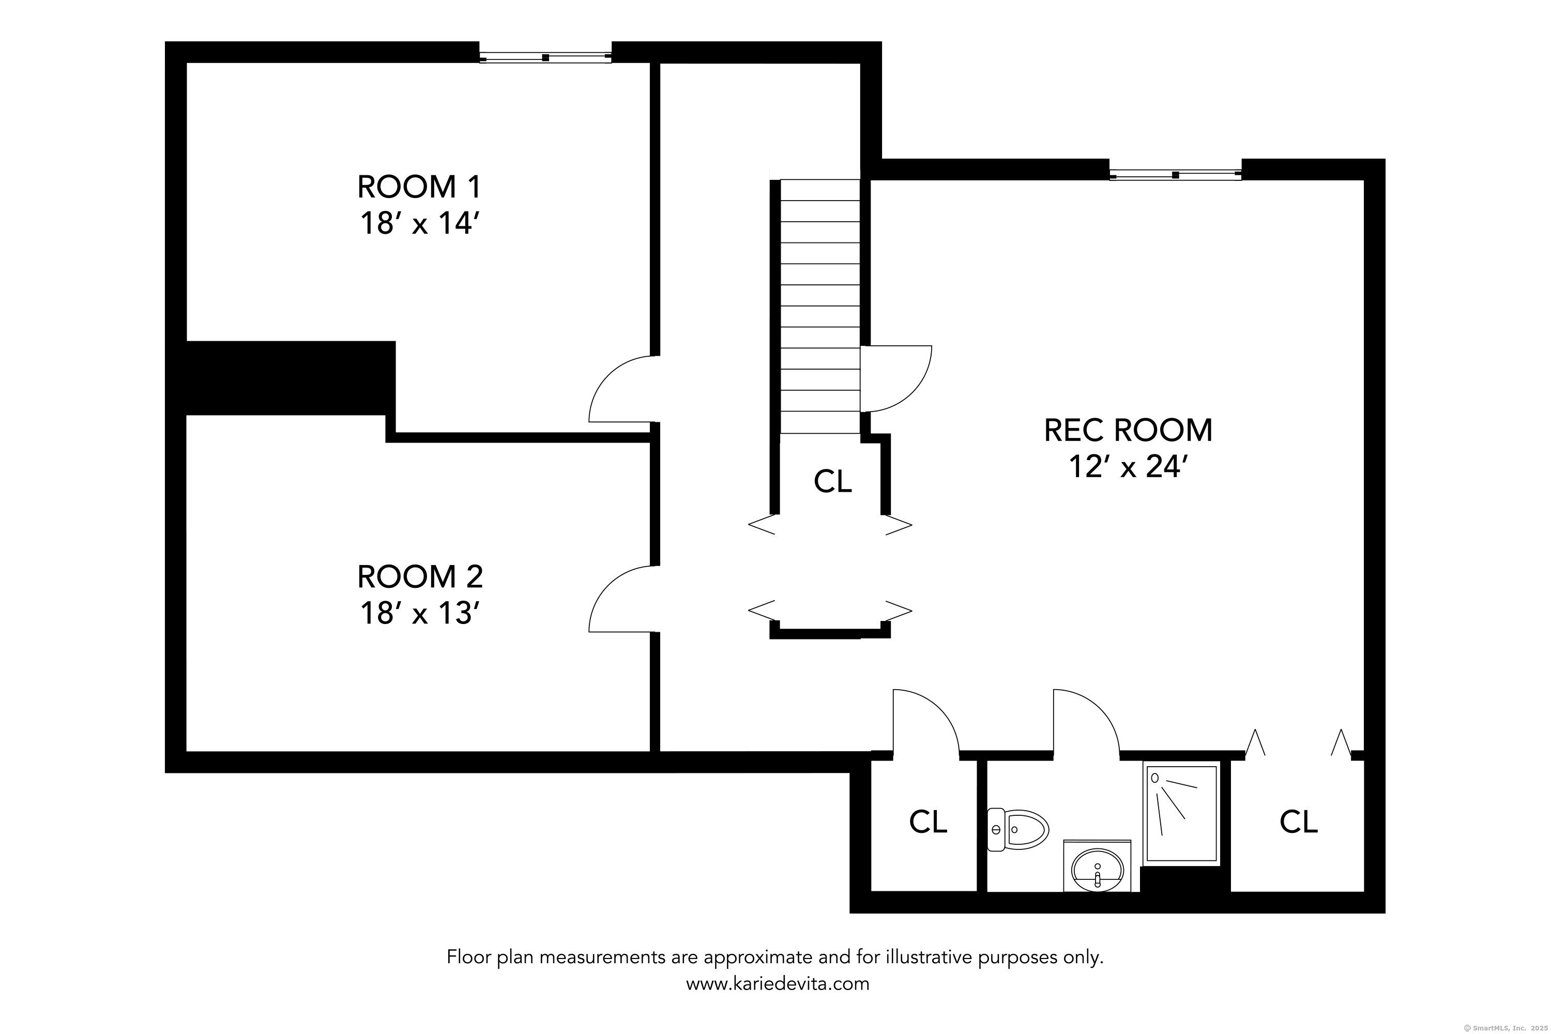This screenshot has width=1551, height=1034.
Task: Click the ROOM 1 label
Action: (419, 187)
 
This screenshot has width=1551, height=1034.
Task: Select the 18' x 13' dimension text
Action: (419, 613)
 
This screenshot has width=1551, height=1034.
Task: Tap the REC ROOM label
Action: (1128, 431)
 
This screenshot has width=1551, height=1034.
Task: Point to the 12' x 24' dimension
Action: (1128, 467)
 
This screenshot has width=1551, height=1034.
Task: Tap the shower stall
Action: (1181, 813)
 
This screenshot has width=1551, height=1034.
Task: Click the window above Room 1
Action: (545, 57)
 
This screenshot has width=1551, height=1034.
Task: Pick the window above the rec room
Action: (1175, 175)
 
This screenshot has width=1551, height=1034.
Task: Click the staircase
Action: (819, 307)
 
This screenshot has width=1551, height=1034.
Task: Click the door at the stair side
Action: (896, 378)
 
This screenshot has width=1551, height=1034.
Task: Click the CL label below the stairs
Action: (833, 481)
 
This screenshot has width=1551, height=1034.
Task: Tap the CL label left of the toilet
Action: (928, 822)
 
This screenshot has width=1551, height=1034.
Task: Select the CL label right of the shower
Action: (1298, 822)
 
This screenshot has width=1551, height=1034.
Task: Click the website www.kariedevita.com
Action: (778, 984)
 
